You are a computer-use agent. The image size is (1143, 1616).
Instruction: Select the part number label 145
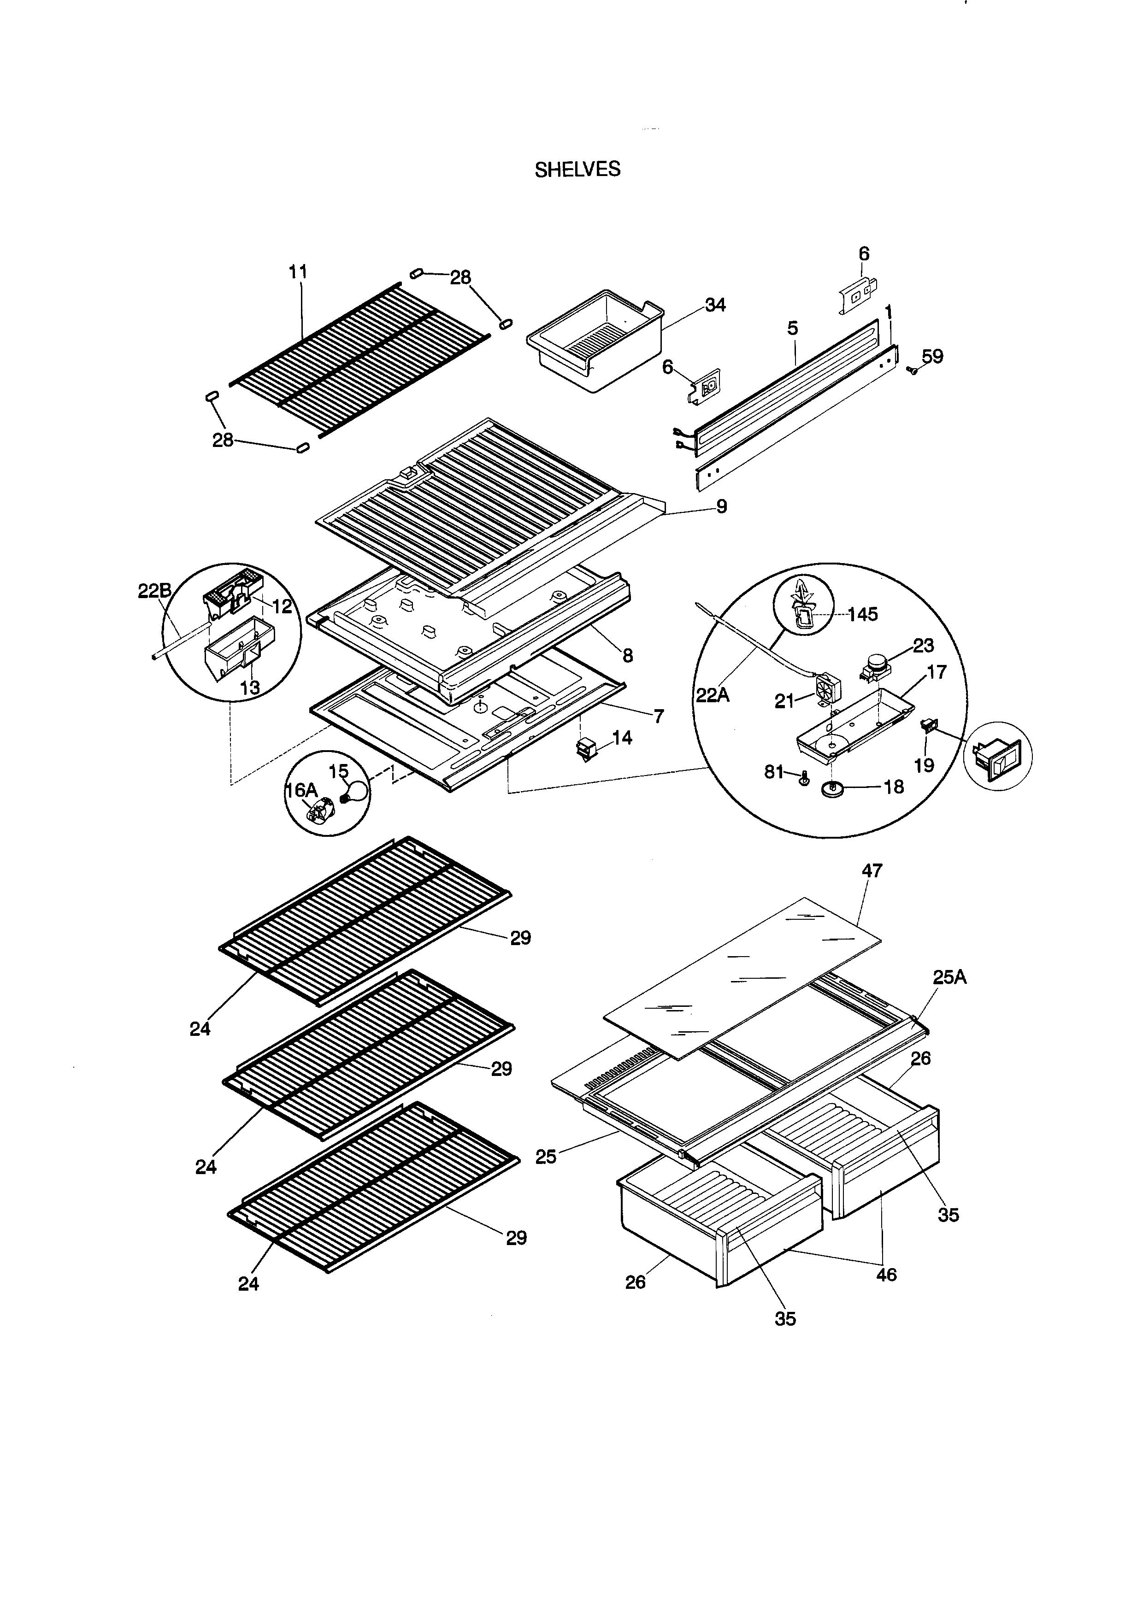tap(862, 614)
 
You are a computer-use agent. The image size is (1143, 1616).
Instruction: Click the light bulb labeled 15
tap(356, 793)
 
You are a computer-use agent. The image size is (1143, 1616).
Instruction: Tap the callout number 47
tap(872, 870)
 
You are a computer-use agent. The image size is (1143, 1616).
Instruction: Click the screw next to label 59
tap(913, 370)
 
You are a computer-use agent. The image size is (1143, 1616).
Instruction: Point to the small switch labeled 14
tap(586, 750)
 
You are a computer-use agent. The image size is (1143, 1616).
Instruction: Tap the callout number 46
tap(886, 1275)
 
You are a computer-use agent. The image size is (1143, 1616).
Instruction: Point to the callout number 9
tap(721, 506)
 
